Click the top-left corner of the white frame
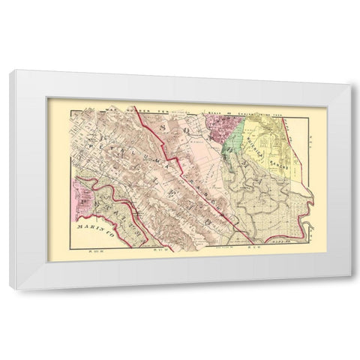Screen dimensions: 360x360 pyautogui.click(x=18, y=70)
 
